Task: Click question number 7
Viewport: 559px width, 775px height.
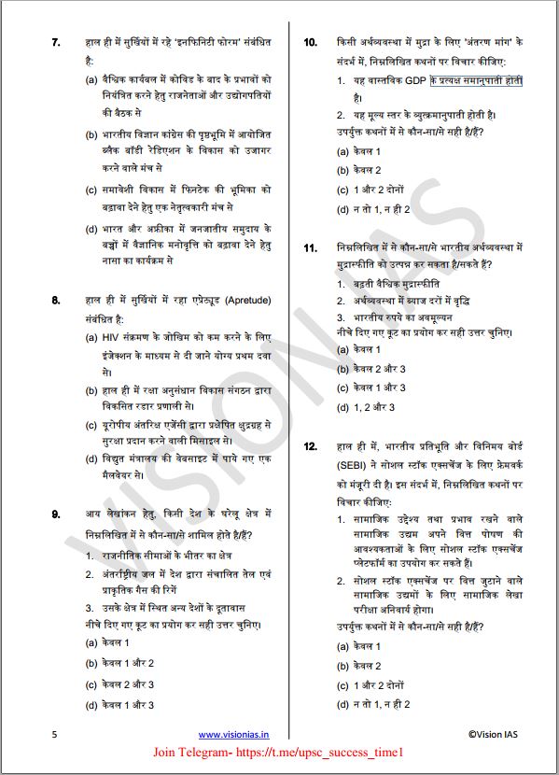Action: pyautogui.click(x=56, y=42)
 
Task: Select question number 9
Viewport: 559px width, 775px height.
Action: pyautogui.click(x=56, y=514)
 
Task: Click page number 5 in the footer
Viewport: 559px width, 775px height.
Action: pyautogui.click(x=55, y=735)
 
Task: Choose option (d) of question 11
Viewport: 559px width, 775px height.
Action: pyautogui.click(x=364, y=407)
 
